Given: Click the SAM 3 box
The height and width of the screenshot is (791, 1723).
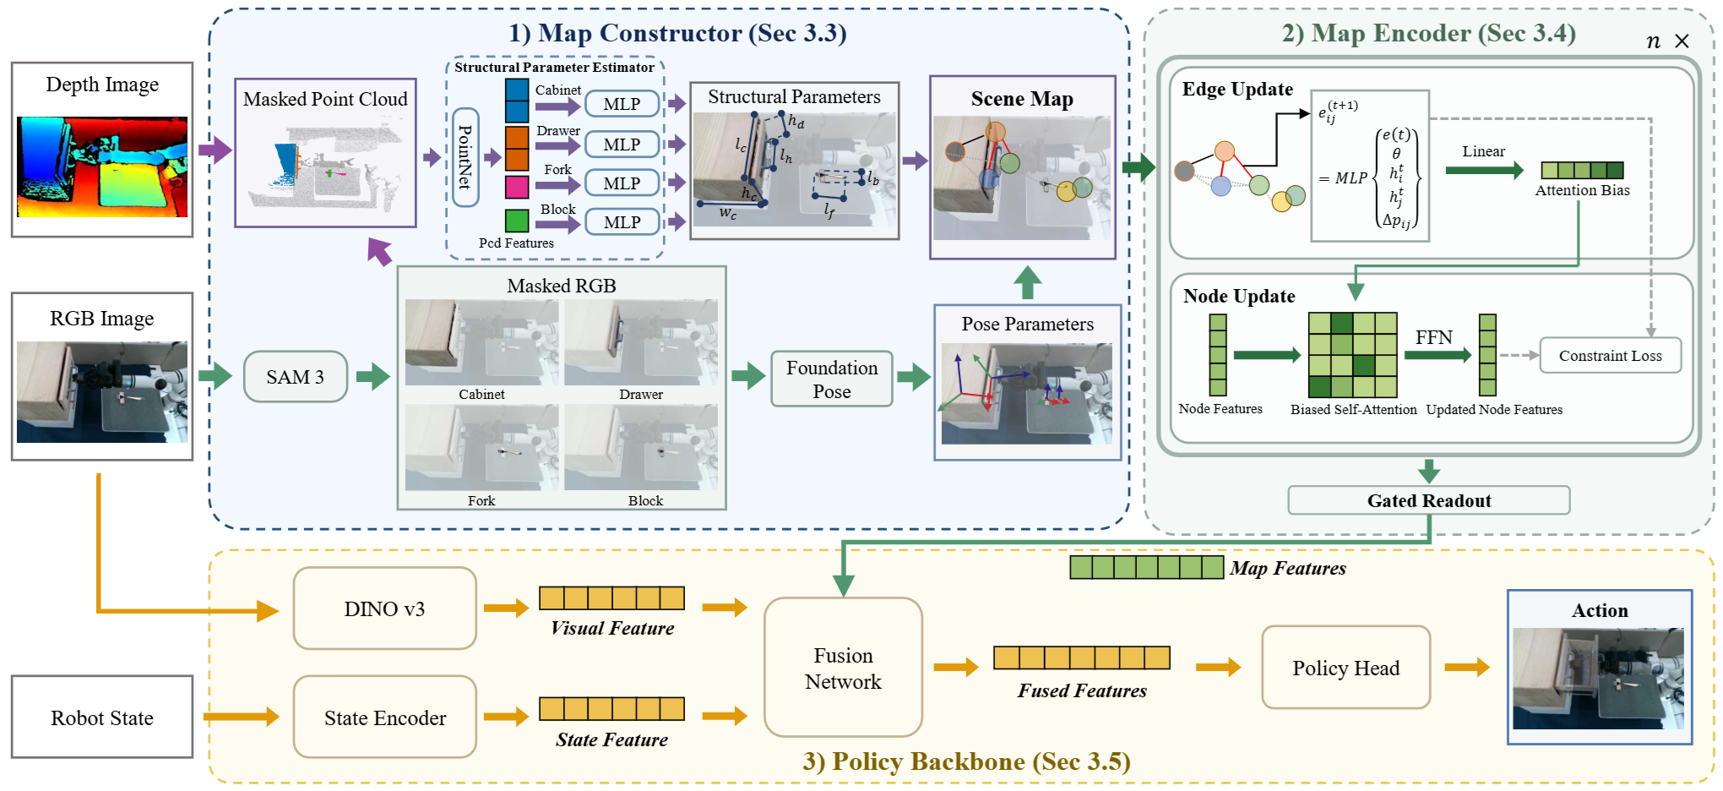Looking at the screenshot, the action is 295,377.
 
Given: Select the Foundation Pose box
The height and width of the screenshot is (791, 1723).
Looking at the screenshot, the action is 832,379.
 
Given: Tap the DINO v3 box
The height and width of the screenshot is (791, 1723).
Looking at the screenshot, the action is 384,608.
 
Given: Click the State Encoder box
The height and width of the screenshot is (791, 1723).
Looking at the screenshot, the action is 384,717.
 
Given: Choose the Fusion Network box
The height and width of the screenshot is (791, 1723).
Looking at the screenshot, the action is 843,668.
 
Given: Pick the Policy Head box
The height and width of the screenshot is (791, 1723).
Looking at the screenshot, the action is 1345,668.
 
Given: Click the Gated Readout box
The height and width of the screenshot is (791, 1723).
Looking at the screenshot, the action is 1429,500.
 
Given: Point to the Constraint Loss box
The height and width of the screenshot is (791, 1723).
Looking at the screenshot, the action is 1611,356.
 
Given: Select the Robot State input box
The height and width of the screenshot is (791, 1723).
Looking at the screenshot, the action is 102,717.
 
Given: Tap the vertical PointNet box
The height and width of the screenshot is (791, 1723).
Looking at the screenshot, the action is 465,157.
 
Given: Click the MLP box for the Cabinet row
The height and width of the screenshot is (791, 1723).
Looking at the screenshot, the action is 622,104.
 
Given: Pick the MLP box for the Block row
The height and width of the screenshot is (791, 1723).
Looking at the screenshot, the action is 622,222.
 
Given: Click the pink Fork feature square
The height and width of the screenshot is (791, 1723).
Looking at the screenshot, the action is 517,186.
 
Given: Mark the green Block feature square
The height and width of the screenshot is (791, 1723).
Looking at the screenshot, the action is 517,221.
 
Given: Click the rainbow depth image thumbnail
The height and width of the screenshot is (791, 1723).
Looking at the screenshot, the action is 102,166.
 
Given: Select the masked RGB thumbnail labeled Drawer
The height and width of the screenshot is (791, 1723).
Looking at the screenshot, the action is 641,342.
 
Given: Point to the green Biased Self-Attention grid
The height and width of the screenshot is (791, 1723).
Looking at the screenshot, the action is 1352,355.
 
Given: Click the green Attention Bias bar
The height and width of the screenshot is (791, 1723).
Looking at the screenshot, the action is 1582,170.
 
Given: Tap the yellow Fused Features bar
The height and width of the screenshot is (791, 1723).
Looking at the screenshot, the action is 1082,657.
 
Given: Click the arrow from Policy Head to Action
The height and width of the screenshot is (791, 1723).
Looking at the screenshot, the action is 1467,668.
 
